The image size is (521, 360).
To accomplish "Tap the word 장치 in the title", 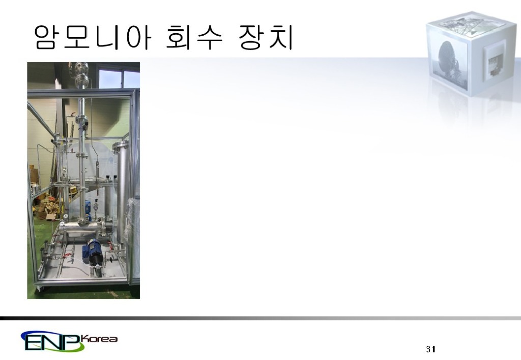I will (266, 38).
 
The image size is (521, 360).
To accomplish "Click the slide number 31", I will (430, 349).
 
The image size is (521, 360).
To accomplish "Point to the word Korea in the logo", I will (101, 339).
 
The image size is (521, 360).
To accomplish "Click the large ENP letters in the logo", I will (52, 342).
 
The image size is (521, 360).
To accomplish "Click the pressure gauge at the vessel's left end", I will (61, 223).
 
